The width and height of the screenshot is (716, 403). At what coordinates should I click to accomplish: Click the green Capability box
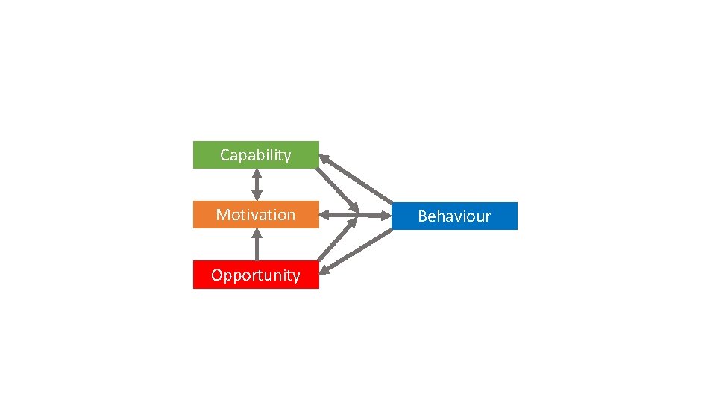point(256,155)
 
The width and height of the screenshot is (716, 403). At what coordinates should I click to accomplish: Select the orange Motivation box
point(256,215)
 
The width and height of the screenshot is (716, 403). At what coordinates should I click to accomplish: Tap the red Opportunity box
point(256,275)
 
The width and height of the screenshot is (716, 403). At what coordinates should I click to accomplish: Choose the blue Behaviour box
point(454,216)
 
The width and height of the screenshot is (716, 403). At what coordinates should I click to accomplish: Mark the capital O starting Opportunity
point(217,275)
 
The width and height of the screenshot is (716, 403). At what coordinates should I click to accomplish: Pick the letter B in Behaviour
point(422,216)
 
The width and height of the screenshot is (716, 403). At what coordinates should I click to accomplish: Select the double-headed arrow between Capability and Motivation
point(257,184)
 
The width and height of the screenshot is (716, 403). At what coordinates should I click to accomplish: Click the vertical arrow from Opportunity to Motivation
point(257,244)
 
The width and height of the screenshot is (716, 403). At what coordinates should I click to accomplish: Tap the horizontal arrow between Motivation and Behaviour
point(358,216)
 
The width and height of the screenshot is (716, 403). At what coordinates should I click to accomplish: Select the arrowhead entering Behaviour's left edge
point(386,216)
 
